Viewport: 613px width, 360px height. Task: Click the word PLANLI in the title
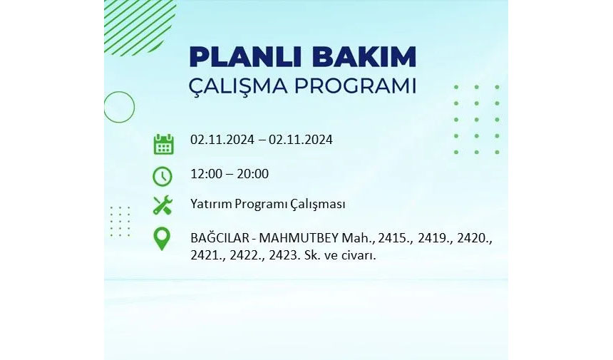[245, 57]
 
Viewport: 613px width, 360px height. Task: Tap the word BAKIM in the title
[364, 57]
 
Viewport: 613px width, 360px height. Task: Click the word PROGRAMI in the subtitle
[355, 86]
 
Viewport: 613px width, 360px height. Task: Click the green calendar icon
[163, 144]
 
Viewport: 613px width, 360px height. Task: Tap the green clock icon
[163, 176]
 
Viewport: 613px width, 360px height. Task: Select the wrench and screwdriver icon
[163, 205]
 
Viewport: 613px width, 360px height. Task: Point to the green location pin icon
[162, 238]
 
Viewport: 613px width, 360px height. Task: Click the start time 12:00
[207, 174]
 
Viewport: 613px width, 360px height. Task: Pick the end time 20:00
[252, 174]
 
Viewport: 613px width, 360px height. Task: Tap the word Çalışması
[317, 205]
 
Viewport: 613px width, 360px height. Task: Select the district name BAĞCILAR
[220, 237]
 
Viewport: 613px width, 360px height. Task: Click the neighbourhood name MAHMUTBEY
[299, 238]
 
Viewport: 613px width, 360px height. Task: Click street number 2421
[206, 255]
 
